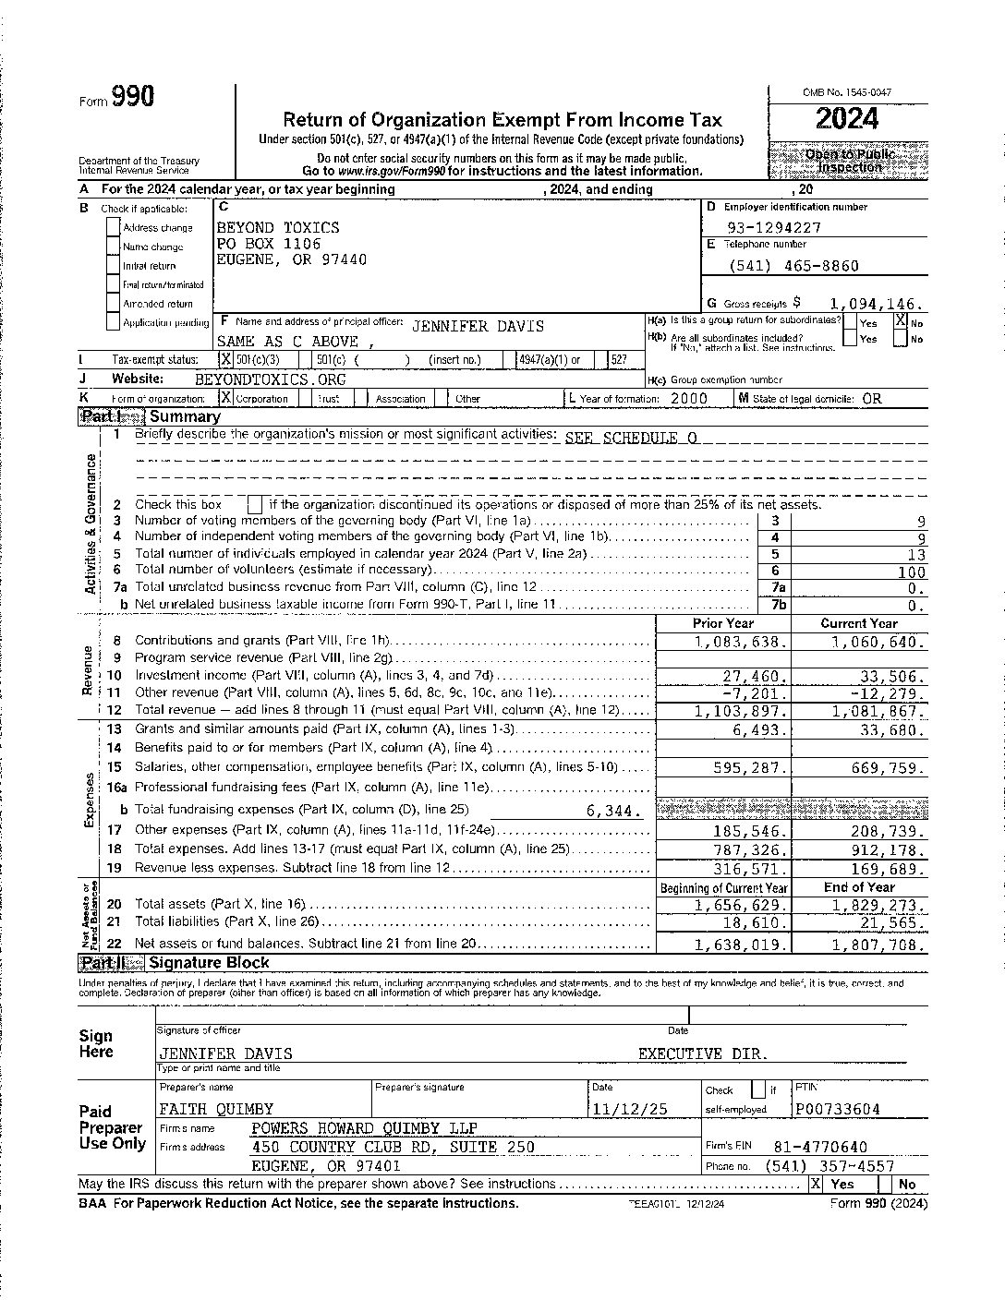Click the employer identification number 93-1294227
tap(773, 227)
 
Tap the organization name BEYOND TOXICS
tap(277, 227)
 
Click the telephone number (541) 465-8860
tap(793, 266)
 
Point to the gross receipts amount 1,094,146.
tap(876, 303)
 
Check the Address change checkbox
tap(114, 228)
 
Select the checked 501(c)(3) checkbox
tap(225, 360)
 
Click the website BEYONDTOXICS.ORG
tap(270, 379)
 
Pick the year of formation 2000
tap(688, 399)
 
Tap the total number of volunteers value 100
tap(911, 572)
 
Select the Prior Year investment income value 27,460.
tap(755, 676)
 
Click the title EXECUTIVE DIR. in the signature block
tap(703, 1053)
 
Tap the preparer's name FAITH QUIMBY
tap(216, 1109)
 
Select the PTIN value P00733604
tap(838, 1109)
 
